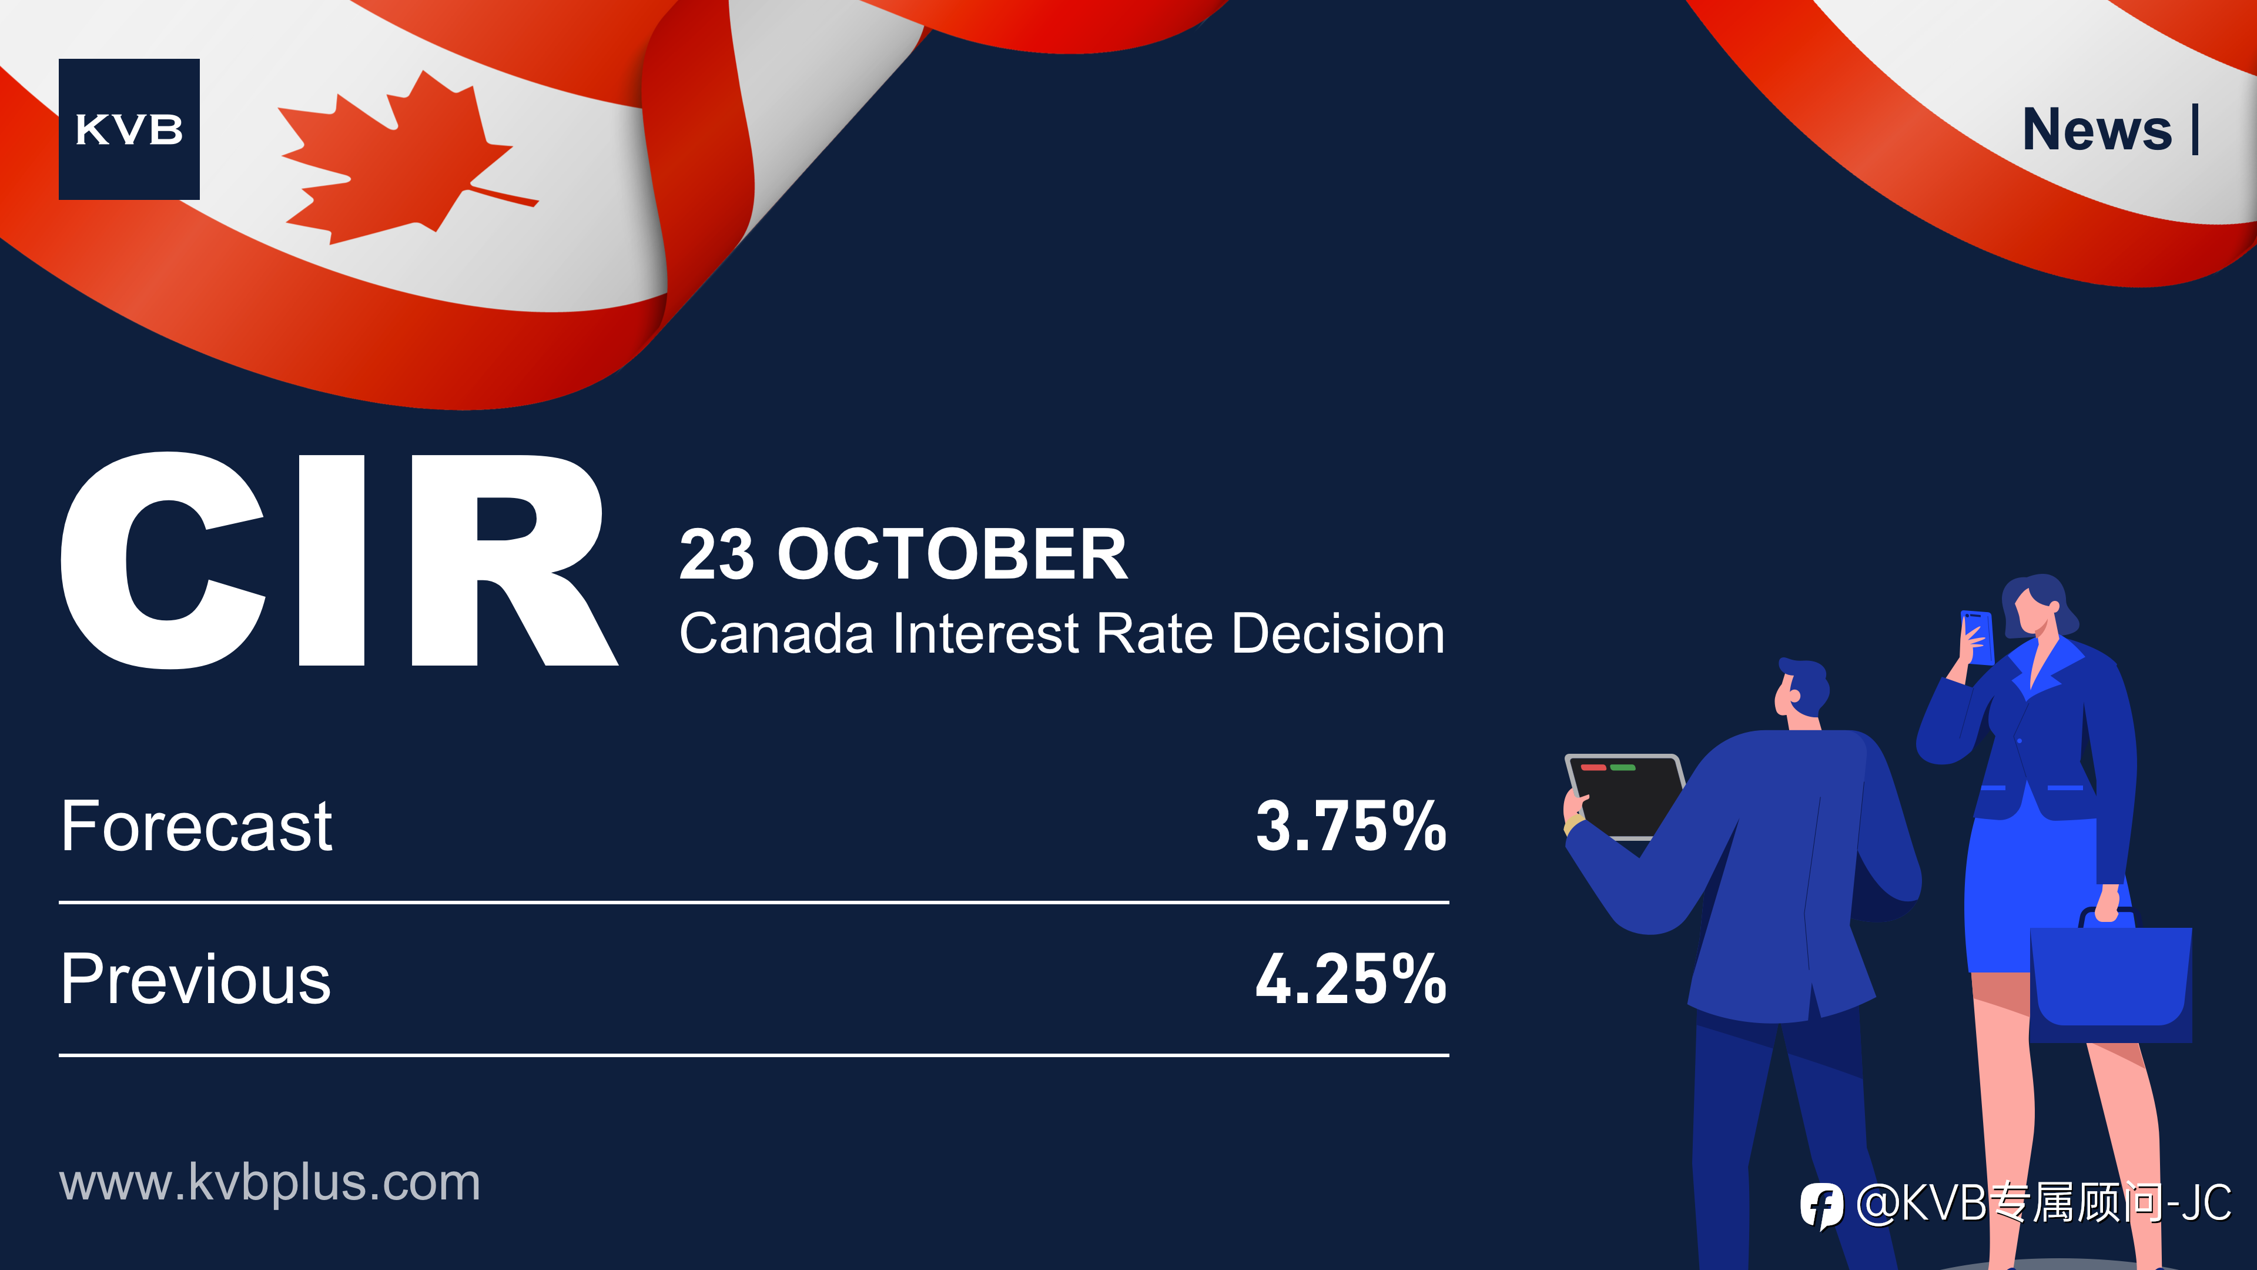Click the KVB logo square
[129, 129]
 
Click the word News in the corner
[2097, 130]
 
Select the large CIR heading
[339, 560]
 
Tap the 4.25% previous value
[1351, 979]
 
